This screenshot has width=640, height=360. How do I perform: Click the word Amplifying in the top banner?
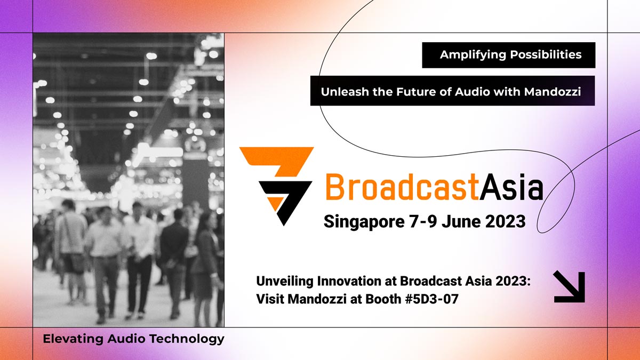(x=473, y=54)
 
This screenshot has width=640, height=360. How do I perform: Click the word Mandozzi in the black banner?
(x=553, y=92)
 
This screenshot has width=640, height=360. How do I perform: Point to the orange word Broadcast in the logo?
(x=402, y=187)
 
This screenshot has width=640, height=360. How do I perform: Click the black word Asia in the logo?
(x=511, y=187)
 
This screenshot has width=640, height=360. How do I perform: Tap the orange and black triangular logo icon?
(x=276, y=186)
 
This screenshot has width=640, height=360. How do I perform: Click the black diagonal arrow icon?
(x=569, y=287)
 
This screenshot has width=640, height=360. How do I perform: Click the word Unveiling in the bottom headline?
(x=285, y=281)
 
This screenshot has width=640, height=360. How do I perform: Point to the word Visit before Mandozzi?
(x=270, y=299)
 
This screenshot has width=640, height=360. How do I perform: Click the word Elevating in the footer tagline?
(x=73, y=339)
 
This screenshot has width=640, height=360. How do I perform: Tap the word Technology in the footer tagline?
(x=187, y=339)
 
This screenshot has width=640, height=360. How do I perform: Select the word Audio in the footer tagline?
(x=126, y=339)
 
